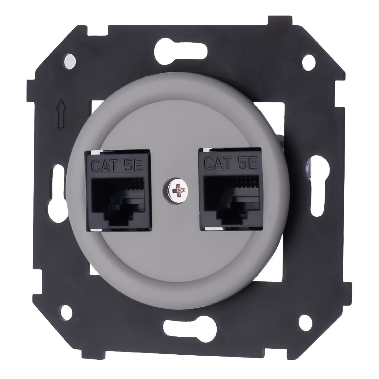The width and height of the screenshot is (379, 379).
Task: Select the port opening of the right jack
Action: [232, 194]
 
